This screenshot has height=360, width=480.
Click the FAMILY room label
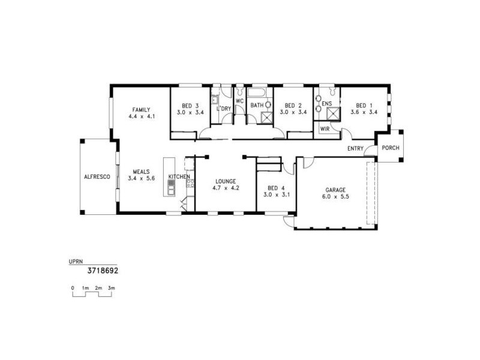click(142, 109)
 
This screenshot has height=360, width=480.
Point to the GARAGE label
click(335, 190)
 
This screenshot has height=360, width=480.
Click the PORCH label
click(391, 148)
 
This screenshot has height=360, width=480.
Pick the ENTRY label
click(356, 149)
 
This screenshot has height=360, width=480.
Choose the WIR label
click(325, 128)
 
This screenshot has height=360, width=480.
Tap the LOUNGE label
click(226, 181)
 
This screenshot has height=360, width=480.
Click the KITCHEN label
click(179, 176)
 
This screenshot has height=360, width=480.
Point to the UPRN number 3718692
click(103, 271)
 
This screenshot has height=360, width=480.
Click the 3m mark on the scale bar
click(111, 289)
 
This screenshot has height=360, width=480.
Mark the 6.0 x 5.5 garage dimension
click(335, 197)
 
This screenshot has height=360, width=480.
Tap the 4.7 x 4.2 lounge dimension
click(226, 188)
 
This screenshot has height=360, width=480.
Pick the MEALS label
click(142, 172)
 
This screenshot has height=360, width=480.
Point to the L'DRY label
click(224, 109)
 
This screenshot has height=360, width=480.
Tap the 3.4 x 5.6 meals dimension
click(142, 178)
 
